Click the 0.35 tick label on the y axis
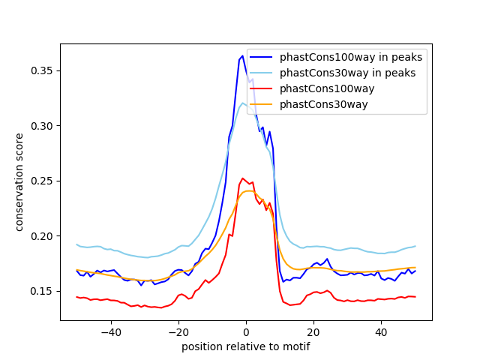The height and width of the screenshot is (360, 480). coord(41,71)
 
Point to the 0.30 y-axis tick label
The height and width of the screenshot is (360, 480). coord(41,126)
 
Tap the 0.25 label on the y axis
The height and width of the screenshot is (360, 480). coord(41,181)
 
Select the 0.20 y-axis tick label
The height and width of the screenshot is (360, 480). coord(41,236)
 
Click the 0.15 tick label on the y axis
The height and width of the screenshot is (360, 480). coord(41,292)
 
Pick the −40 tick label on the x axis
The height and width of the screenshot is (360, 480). coord(111,332)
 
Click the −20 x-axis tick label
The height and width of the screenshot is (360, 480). coord(178,332)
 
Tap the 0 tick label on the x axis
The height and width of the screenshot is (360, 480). coord(246,332)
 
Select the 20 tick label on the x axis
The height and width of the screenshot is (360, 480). coord(313,332)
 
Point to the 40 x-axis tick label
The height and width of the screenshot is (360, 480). coord(381,332)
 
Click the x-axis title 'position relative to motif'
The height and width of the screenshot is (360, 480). coord(246,346)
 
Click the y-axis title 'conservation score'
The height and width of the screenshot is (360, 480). coord(19,182)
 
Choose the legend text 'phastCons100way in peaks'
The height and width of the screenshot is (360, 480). coord(351,57)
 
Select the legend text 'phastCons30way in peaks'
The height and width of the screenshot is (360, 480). coord(348,73)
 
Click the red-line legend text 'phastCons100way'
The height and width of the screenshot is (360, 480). coord(327,88)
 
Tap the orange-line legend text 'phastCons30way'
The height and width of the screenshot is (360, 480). coord(323,105)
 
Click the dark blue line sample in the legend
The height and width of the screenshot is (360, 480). coord(261,57)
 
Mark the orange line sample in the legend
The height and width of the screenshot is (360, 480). coord(261,104)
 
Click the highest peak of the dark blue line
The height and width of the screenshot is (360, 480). coord(242,55)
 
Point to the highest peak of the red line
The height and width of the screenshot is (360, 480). coord(242,178)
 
